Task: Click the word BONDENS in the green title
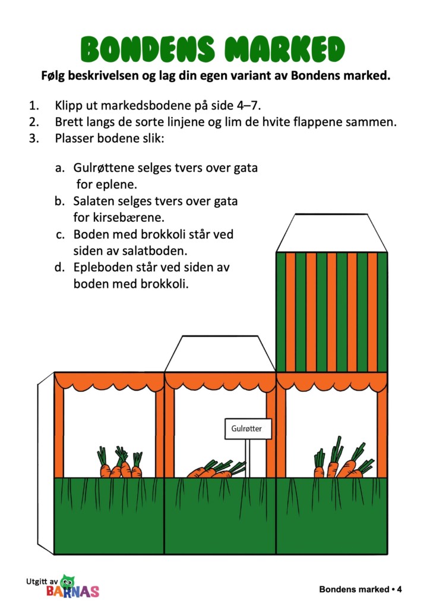pos(148,49)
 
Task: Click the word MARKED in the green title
pos(285,49)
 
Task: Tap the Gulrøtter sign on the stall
pos(248,429)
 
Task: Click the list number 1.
pos(34,106)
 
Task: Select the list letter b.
pos(59,201)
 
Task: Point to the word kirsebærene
pos(119,217)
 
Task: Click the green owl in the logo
pos(68,581)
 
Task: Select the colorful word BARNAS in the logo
pos(73,591)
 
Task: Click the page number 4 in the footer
pos(399,589)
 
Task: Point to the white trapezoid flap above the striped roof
pos(331,233)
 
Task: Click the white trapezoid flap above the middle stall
pos(220,354)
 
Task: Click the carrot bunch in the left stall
pos(120,462)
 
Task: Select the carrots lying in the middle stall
pos(216,469)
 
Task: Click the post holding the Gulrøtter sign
pos(248,459)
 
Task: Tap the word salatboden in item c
pos(154,251)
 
